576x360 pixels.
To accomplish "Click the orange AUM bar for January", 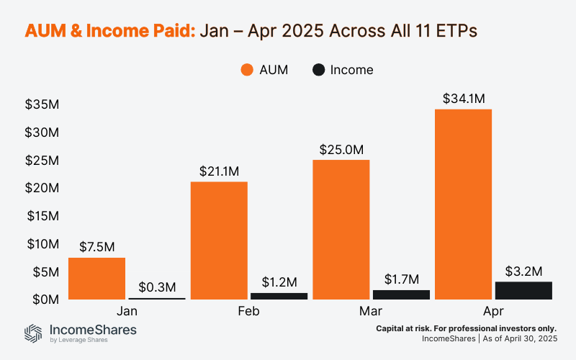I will (96, 278).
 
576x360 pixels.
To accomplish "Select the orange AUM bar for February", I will (219, 240).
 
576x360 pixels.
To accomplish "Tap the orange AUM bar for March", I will (341, 230).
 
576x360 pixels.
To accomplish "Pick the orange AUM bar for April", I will (464, 204).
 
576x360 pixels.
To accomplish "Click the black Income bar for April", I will (523, 290).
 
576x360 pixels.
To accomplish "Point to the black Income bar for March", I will (401, 294).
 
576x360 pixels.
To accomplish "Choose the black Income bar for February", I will (279, 296).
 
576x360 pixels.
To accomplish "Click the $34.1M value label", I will (464, 98).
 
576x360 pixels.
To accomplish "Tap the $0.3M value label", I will (156, 286).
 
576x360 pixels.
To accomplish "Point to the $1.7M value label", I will (401, 279).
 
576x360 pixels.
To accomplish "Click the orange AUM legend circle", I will (246, 70).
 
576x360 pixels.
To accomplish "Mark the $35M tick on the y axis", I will (42, 104).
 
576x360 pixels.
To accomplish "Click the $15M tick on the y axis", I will (42, 215).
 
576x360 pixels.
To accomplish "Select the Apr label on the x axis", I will (493, 312).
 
